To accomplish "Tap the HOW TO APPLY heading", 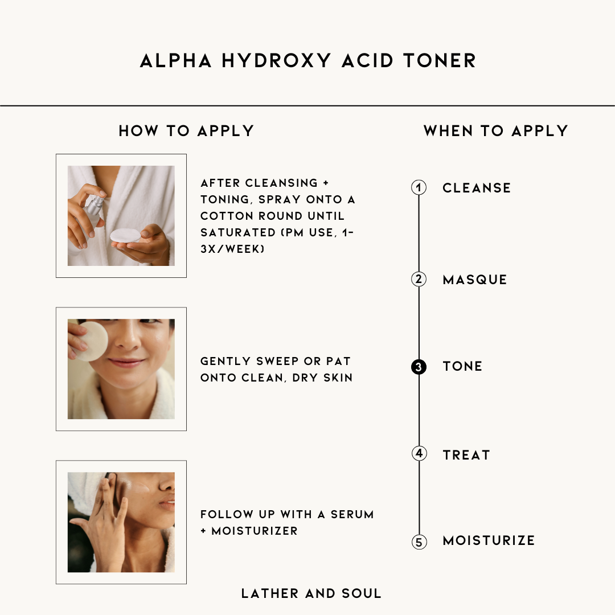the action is [x=186, y=131].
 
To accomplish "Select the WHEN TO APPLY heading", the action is [x=496, y=131].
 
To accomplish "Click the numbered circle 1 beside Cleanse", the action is [x=419, y=187].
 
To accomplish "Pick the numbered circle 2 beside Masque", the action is [x=419, y=279].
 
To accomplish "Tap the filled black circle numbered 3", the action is [x=419, y=367].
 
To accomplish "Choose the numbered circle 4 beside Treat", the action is [x=419, y=453].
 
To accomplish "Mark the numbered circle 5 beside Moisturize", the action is [x=419, y=542].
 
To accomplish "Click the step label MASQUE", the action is [x=475, y=280].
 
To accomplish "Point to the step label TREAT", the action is [x=466, y=455].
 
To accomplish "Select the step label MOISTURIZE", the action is [x=489, y=540].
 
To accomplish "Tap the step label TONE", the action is [x=462, y=366].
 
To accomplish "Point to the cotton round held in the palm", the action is [x=125, y=236].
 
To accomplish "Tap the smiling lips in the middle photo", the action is [x=126, y=362].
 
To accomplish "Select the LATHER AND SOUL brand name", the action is [x=311, y=593].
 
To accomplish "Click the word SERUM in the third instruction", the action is [x=352, y=514].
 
